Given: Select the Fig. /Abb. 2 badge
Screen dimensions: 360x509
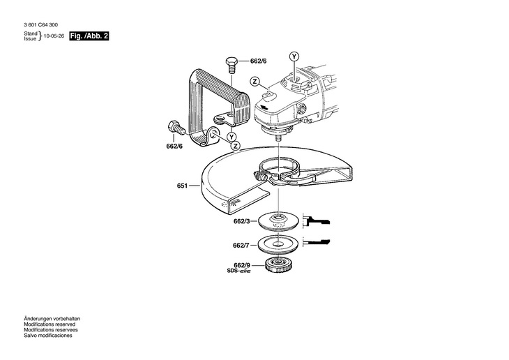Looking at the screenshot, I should point(90,36).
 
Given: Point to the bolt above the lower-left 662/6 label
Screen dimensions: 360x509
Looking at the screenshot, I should point(172,128).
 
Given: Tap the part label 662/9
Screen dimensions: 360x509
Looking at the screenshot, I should point(241,265).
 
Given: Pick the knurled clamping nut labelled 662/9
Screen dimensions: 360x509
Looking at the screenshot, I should point(279,266).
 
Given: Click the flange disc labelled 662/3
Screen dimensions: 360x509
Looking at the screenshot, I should point(280,223).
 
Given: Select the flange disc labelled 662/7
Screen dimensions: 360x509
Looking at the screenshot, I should point(279,245).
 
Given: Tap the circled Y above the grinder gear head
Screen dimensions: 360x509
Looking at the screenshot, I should point(294,56).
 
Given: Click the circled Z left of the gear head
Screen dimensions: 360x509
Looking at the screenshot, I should point(256,82).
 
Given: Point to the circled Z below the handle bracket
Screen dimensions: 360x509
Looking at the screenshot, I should point(236,145).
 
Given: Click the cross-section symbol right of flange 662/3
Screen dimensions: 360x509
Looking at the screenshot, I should point(319,220).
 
